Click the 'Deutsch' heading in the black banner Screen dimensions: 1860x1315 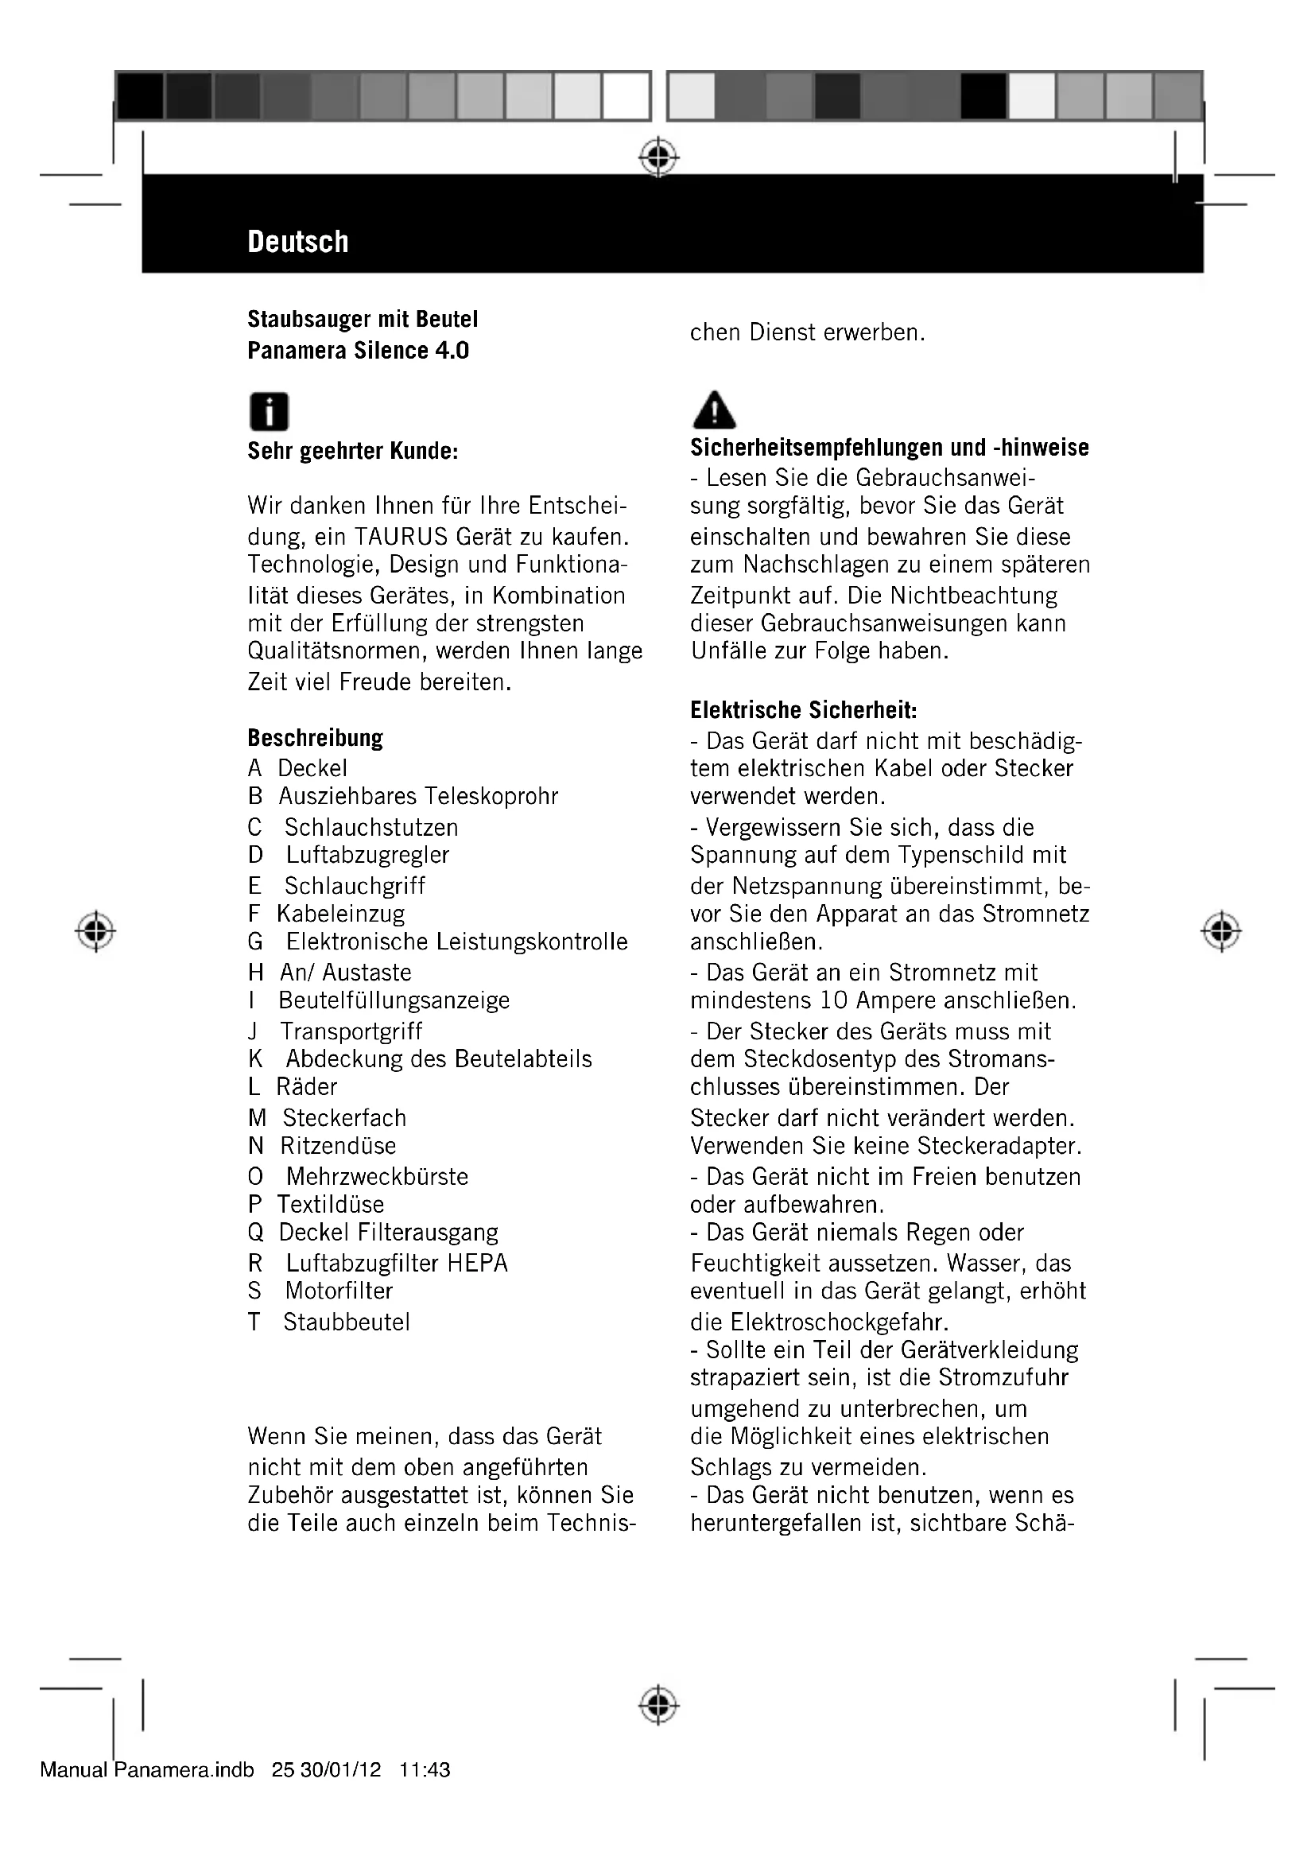(x=298, y=242)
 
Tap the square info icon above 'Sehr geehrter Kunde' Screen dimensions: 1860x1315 (x=269, y=412)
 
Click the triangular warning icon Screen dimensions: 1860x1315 (x=714, y=410)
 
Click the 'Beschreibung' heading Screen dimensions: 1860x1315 (x=315, y=738)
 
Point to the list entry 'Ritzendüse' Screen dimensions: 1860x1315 (x=338, y=1145)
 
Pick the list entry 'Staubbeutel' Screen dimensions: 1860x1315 (x=347, y=1322)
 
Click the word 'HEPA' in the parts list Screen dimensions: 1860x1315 (x=477, y=1263)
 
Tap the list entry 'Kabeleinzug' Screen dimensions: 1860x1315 (x=340, y=914)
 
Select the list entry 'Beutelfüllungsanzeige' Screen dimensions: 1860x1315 (x=394, y=1000)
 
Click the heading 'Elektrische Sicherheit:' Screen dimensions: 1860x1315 (x=803, y=710)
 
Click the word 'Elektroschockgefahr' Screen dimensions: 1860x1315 (x=839, y=1322)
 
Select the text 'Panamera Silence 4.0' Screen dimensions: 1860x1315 (x=358, y=351)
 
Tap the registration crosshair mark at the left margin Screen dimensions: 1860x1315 (x=95, y=932)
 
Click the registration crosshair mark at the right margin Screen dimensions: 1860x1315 (x=1221, y=932)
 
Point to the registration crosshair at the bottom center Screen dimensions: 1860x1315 (x=658, y=1706)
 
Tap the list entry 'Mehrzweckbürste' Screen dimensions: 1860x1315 (x=377, y=1176)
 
